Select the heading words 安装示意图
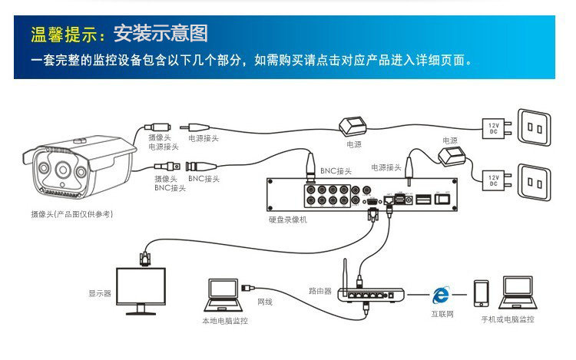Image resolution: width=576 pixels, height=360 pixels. [161, 34]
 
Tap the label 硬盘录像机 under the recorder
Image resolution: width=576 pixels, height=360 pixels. [288, 220]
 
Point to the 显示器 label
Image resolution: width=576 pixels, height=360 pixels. [99, 293]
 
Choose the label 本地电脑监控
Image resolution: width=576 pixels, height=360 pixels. [225, 320]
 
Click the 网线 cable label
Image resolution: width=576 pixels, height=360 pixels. [264, 302]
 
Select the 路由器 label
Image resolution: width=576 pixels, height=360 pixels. [319, 291]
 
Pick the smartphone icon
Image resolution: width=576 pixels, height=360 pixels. [482, 294]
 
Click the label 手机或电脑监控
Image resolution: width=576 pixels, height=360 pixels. [507, 319]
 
